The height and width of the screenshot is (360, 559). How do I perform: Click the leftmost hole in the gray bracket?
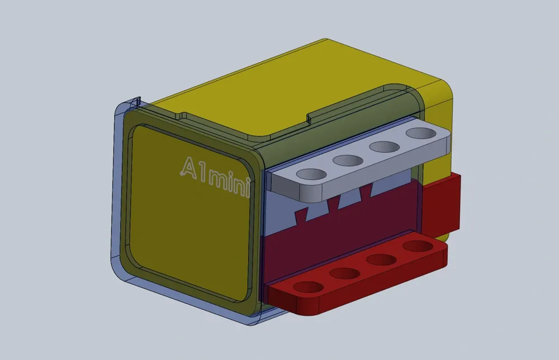(x=311, y=174)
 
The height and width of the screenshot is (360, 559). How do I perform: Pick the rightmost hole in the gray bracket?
(x=420, y=134)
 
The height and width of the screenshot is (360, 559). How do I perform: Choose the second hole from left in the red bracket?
(x=344, y=273)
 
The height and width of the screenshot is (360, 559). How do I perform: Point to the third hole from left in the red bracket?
(x=381, y=260)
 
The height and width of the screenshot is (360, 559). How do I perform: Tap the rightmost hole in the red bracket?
(x=417, y=247)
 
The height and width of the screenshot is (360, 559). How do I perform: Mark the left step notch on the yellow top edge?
(x=182, y=116)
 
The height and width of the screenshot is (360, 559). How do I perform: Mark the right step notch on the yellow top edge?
(x=308, y=118)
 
